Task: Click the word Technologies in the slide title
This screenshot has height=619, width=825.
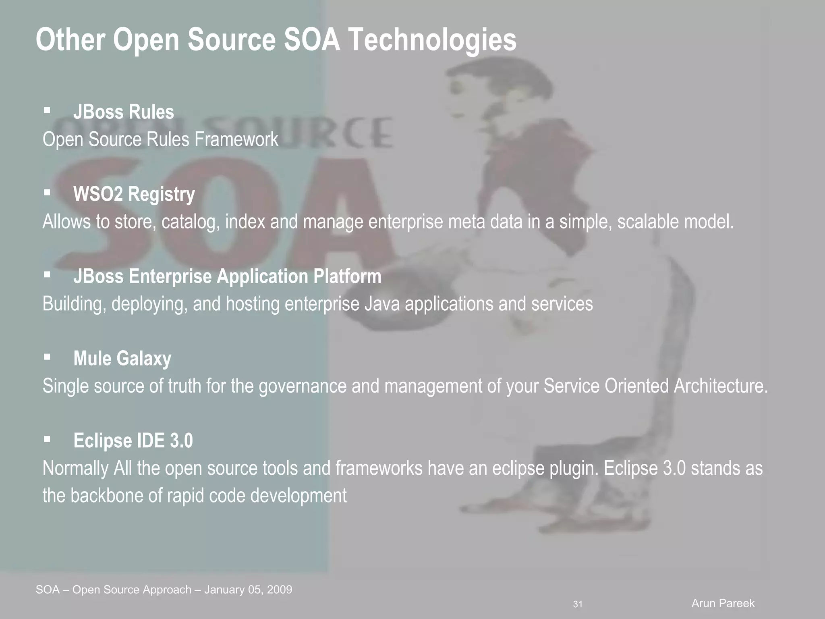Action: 431,40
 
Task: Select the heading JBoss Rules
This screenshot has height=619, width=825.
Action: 123,112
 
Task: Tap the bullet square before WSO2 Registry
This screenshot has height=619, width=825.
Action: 47,193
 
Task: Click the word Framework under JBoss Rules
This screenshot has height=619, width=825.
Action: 236,140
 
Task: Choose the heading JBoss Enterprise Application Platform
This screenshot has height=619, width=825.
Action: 227,276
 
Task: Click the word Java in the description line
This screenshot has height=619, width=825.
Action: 382,304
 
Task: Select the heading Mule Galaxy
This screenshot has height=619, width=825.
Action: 122,359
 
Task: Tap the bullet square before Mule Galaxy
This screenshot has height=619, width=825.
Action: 47,357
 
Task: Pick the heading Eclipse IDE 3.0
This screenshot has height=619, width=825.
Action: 133,441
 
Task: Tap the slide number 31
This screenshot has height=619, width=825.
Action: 578,604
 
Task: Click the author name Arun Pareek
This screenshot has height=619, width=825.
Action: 723,603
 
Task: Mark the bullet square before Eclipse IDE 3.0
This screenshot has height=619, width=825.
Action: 47,439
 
